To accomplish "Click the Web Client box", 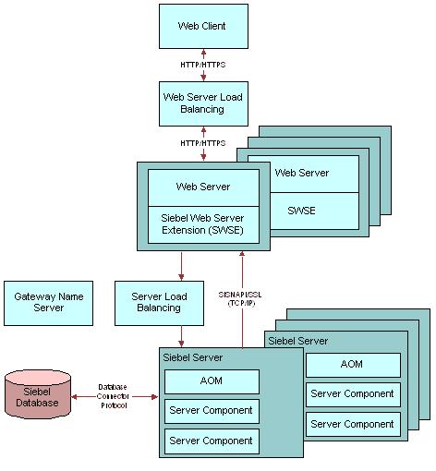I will (202, 27).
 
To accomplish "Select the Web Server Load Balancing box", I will (202, 103).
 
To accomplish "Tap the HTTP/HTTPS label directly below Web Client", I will (202, 65).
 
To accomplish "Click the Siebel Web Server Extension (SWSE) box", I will (203, 223).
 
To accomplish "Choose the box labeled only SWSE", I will (301, 211).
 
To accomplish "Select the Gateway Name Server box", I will (48, 302).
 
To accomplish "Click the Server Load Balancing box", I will (159, 302).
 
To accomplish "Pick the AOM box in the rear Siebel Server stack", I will (352, 365).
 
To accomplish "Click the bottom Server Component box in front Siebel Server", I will (212, 441).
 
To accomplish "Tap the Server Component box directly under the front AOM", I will (212, 411).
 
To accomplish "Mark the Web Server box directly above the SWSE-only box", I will (302, 173).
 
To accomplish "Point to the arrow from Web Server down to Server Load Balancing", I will (181, 265).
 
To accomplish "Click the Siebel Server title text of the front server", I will (192, 357).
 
